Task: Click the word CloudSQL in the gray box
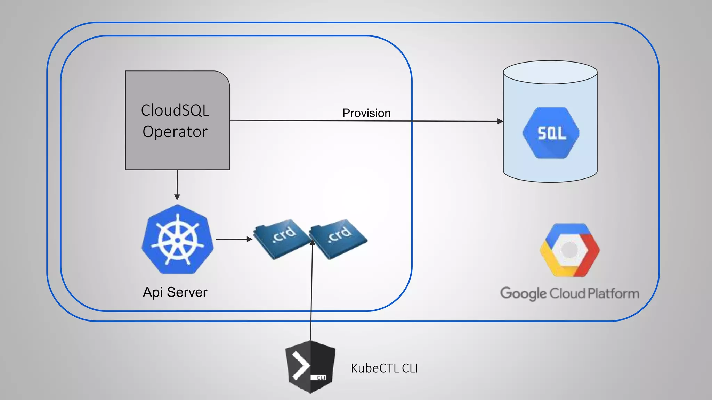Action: click(175, 110)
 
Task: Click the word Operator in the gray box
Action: click(175, 132)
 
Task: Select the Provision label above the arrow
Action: click(366, 113)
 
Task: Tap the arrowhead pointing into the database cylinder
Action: click(500, 121)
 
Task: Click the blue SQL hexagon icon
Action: click(551, 133)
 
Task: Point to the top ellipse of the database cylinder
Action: click(550, 72)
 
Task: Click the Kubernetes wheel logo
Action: click(177, 239)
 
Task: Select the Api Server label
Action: click(175, 292)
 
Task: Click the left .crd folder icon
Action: click(282, 239)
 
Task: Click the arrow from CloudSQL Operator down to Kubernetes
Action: click(177, 184)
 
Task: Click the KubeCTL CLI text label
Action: click(384, 368)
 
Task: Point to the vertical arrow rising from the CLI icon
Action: click(311, 295)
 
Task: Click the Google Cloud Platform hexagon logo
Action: click(569, 250)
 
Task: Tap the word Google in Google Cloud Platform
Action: click(523, 294)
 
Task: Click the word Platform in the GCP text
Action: click(613, 294)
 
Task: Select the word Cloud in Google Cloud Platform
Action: click(567, 294)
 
